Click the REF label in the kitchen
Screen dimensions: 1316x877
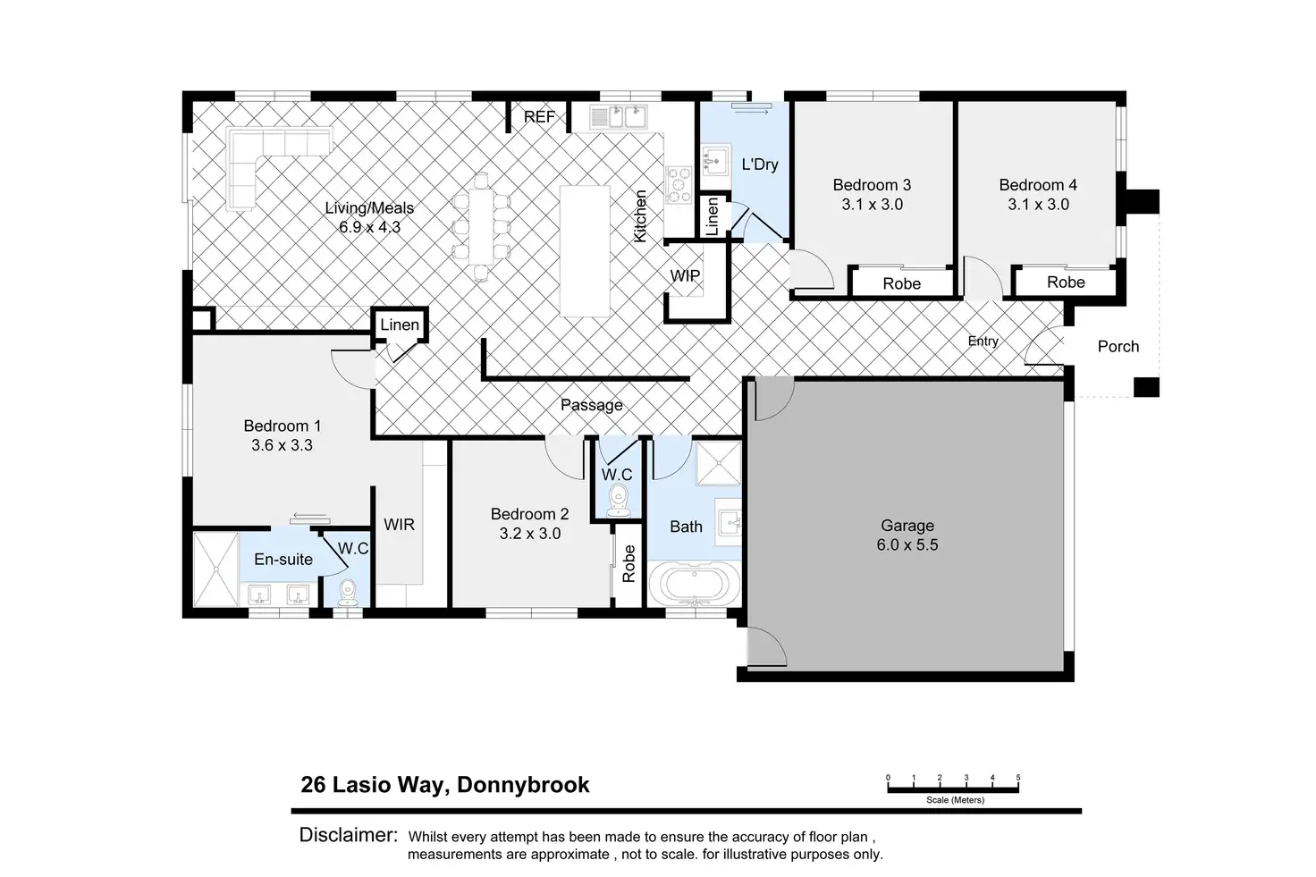click(x=539, y=117)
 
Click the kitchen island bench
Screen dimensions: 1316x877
click(x=585, y=251)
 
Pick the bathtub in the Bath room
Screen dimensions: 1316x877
click(x=694, y=584)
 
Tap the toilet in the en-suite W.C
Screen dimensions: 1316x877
click(x=348, y=592)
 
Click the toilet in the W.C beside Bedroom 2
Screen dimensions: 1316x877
click(x=618, y=501)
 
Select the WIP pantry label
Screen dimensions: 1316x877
click(x=685, y=275)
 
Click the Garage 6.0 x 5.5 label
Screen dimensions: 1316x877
click(x=907, y=535)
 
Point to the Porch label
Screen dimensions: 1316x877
click(x=1118, y=347)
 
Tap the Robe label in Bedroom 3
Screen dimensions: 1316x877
click(x=901, y=283)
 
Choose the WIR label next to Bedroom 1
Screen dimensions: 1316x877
click(x=399, y=525)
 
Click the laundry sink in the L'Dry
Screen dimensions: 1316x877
click(x=715, y=159)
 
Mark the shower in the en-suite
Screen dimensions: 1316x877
click(x=216, y=569)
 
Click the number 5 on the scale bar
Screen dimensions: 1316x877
click(x=1018, y=777)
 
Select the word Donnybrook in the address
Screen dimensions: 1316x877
click(x=523, y=785)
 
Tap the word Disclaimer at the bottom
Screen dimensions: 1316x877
click(x=349, y=835)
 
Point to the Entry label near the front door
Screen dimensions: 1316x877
click(x=983, y=341)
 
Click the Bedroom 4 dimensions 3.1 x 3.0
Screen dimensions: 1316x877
click(x=1038, y=205)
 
